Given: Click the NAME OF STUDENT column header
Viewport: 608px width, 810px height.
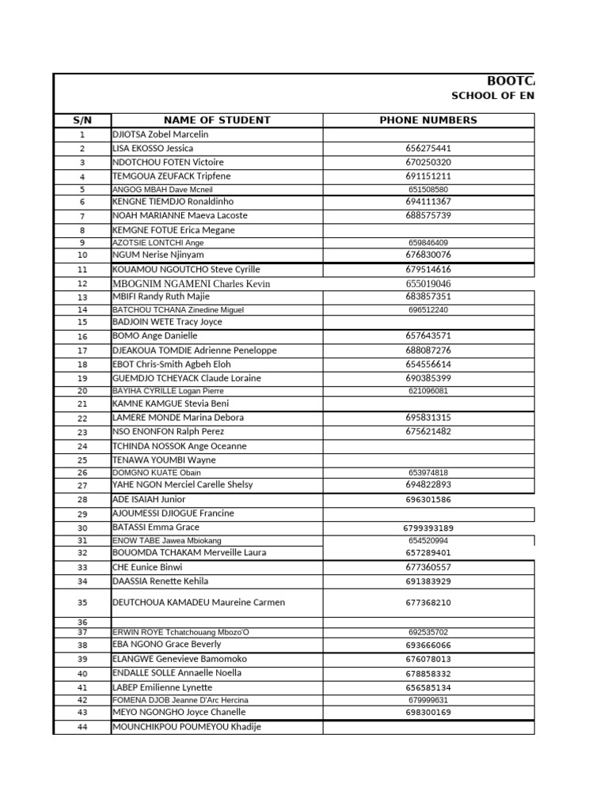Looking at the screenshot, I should point(216,120).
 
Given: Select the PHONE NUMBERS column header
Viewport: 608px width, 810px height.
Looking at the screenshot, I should point(428,120).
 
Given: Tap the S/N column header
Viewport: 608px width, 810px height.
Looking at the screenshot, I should point(82,120).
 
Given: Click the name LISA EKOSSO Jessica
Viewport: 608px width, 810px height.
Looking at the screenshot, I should point(153,148).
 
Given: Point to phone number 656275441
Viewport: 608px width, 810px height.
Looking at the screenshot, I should point(428,148).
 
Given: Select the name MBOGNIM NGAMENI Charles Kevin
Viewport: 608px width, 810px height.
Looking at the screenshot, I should point(191,283).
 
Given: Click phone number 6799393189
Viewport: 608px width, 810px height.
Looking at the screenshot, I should point(428,528).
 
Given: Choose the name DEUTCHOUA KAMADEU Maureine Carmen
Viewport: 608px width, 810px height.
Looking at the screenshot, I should point(199,602).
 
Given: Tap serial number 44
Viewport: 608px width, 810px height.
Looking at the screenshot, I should point(82,728).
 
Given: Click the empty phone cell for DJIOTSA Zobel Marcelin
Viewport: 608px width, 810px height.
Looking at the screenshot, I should point(428,134).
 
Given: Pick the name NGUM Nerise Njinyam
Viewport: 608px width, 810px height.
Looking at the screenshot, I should point(158,255).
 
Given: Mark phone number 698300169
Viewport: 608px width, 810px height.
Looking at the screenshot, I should point(428,712).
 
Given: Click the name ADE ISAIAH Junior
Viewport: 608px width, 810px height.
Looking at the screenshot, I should point(150,499).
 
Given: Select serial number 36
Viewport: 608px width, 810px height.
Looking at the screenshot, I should point(82,623).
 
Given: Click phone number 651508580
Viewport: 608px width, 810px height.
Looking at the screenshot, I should point(428,190).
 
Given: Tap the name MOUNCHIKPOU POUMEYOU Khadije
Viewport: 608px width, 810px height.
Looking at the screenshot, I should point(187,727).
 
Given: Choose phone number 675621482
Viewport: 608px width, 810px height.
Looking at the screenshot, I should point(428,431).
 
